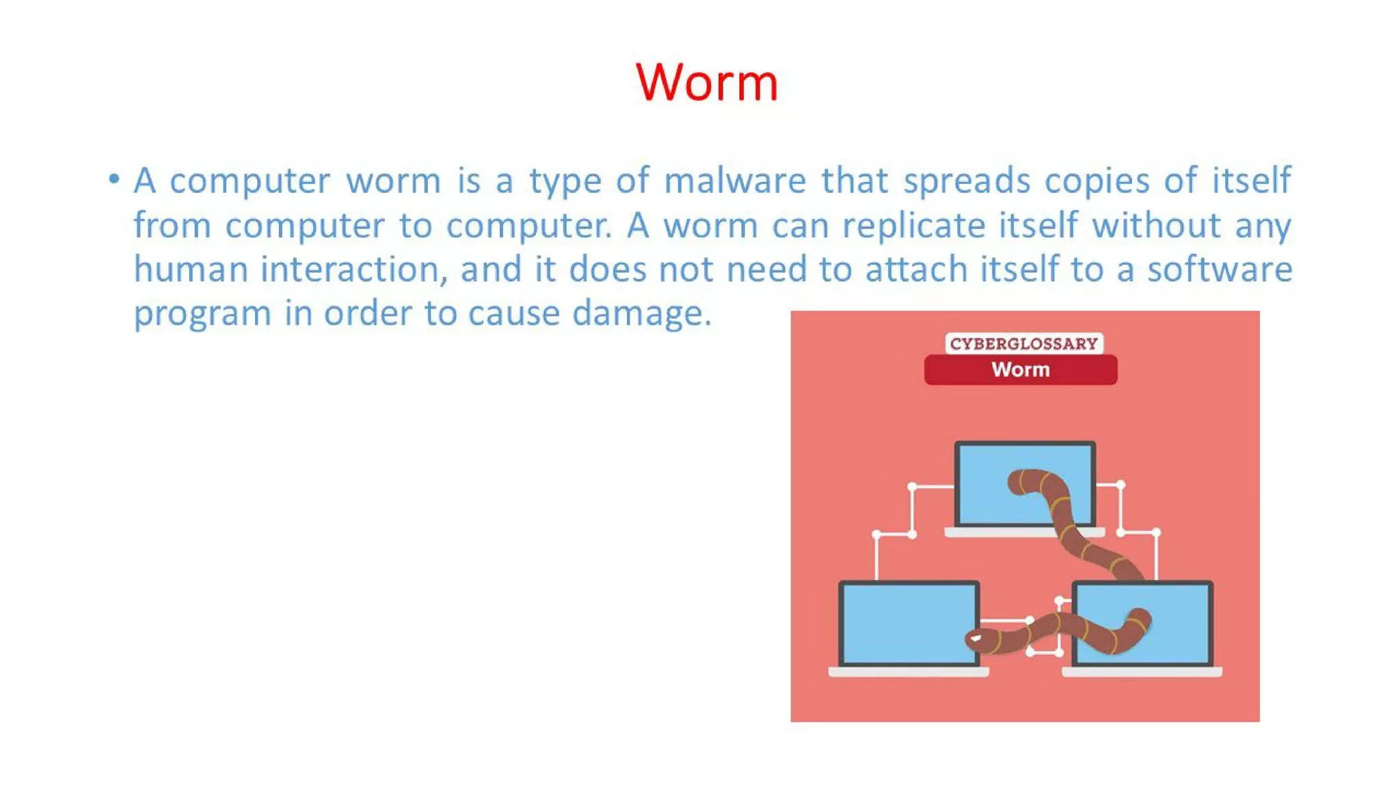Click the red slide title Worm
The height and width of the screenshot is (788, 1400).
pyautogui.click(x=707, y=83)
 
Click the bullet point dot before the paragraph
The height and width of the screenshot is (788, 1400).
pyautogui.click(x=114, y=180)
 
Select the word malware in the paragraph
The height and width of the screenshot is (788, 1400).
pyautogui.click(x=735, y=181)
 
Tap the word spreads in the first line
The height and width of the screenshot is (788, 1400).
pyautogui.click(x=967, y=181)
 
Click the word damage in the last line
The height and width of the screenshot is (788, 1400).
pyautogui.click(x=641, y=314)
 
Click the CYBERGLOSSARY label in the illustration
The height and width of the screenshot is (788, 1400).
pyautogui.click(x=1023, y=343)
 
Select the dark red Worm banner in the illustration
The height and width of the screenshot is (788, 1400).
pyautogui.click(x=1021, y=370)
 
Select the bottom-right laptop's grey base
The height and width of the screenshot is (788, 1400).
pyautogui.click(x=1142, y=672)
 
